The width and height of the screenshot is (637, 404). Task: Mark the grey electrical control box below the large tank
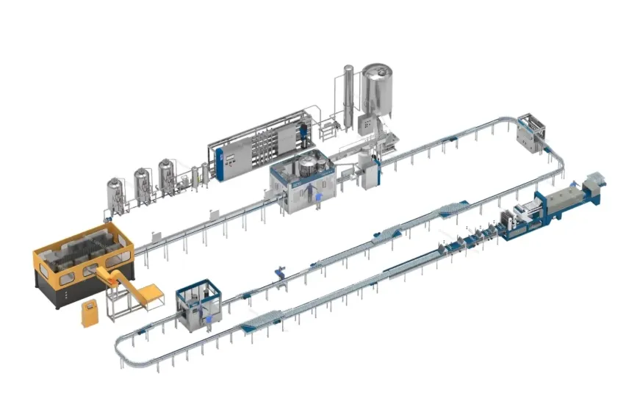pyautogui.click(x=365, y=123)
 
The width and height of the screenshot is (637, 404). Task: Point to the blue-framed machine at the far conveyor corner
pyautogui.click(x=533, y=132)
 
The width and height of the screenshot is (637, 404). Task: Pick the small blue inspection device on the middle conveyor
pyautogui.click(x=279, y=273)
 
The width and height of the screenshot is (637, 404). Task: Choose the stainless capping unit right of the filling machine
pyautogui.click(x=370, y=173)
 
